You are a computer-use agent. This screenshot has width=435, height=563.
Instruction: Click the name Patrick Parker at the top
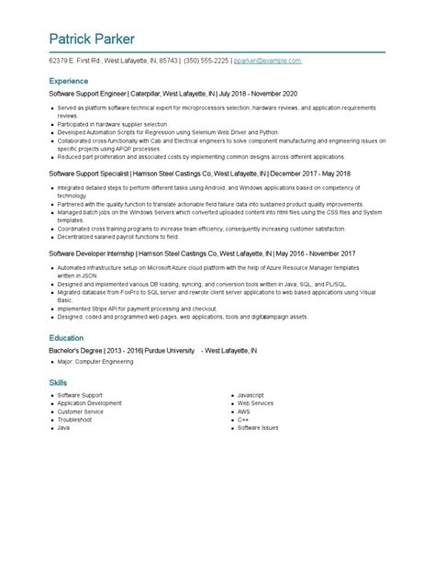pyautogui.click(x=92, y=39)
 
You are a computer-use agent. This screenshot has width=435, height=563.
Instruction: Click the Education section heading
pyautogui.click(x=67, y=338)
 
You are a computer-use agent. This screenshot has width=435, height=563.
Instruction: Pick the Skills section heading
pyautogui.click(x=58, y=382)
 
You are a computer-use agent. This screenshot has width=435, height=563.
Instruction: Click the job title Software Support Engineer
pyautogui.click(x=87, y=94)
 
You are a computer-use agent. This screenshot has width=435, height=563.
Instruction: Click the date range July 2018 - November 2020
pyautogui.click(x=258, y=94)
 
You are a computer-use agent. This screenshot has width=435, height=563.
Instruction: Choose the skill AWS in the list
pyautogui.click(x=244, y=411)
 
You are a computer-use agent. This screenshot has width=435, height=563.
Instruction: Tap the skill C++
pyautogui.click(x=243, y=420)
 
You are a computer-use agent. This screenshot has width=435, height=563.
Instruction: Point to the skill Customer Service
pyautogui.click(x=81, y=411)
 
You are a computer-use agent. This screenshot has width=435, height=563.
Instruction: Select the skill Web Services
pyautogui.click(x=255, y=403)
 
